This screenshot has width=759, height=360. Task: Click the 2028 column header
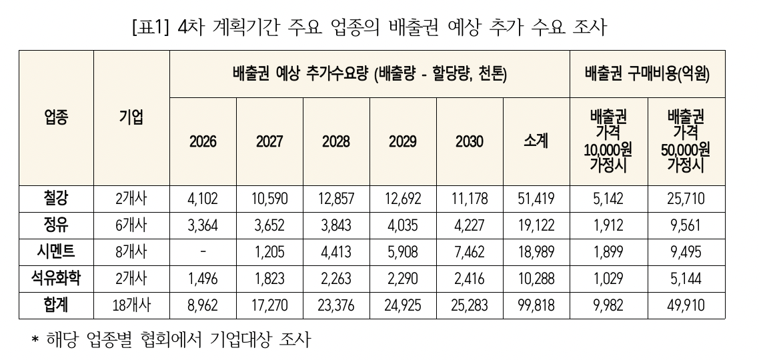(x=336, y=142)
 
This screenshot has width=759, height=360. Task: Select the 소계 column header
(x=536, y=142)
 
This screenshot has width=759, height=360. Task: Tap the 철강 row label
(x=56, y=198)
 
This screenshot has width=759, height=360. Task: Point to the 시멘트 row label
(x=56, y=252)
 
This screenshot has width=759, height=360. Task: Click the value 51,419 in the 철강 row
(x=536, y=199)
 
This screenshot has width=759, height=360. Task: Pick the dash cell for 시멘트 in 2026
(x=203, y=252)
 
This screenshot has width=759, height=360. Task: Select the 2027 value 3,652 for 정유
(x=269, y=225)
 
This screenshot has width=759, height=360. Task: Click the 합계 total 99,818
(x=536, y=306)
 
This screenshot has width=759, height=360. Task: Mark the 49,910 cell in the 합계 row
(x=686, y=306)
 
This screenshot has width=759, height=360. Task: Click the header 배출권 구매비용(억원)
(x=646, y=74)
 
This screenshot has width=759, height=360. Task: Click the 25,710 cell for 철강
(x=686, y=199)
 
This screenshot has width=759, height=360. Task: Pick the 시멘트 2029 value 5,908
(x=403, y=252)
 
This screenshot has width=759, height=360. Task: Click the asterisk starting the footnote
(x=37, y=342)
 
